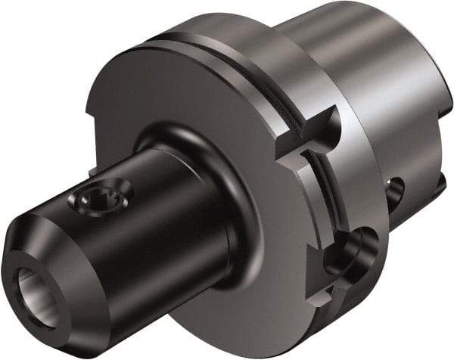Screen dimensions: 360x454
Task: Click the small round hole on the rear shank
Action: pyautogui.click(x=396, y=194)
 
